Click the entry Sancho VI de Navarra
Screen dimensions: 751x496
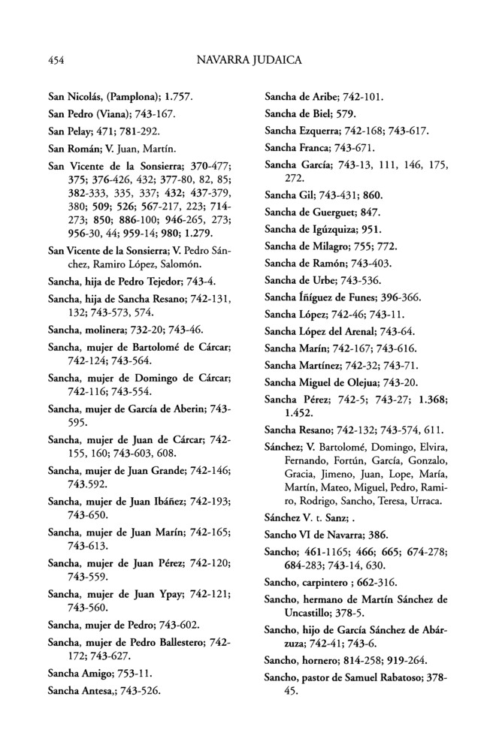(x=328, y=535)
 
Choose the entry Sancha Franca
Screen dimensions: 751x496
(x=320, y=147)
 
